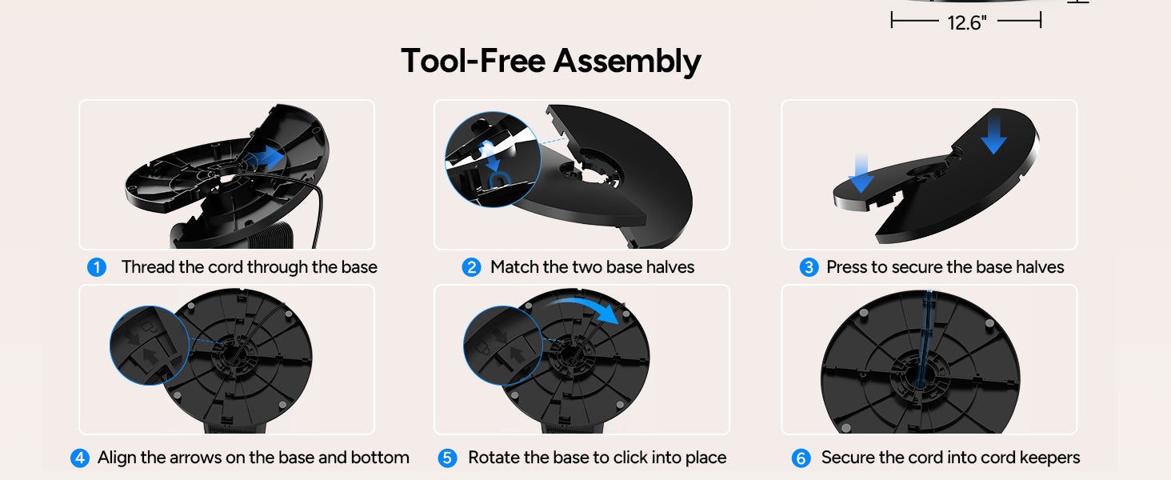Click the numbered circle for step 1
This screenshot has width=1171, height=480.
coord(97,267)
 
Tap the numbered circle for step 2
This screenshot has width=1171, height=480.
coord(472,267)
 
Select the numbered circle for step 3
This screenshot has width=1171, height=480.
coord(809,267)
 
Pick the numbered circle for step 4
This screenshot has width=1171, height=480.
coord(80,458)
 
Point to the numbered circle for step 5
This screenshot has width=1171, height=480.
coord(447,458)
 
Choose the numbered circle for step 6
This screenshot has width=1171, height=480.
coord(801,458)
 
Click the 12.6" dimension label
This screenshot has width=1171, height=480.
coord(967,22)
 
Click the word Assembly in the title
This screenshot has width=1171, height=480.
coord(627,62)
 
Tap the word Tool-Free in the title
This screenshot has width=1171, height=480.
coord(474,61)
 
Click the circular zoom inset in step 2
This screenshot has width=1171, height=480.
coord(493,159)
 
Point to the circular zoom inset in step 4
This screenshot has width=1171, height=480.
coord(150,346)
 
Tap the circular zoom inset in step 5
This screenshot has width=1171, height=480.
coord(503,346)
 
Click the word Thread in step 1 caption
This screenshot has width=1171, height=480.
coord(148,266)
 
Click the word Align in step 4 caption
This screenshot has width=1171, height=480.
coord(117,458)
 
